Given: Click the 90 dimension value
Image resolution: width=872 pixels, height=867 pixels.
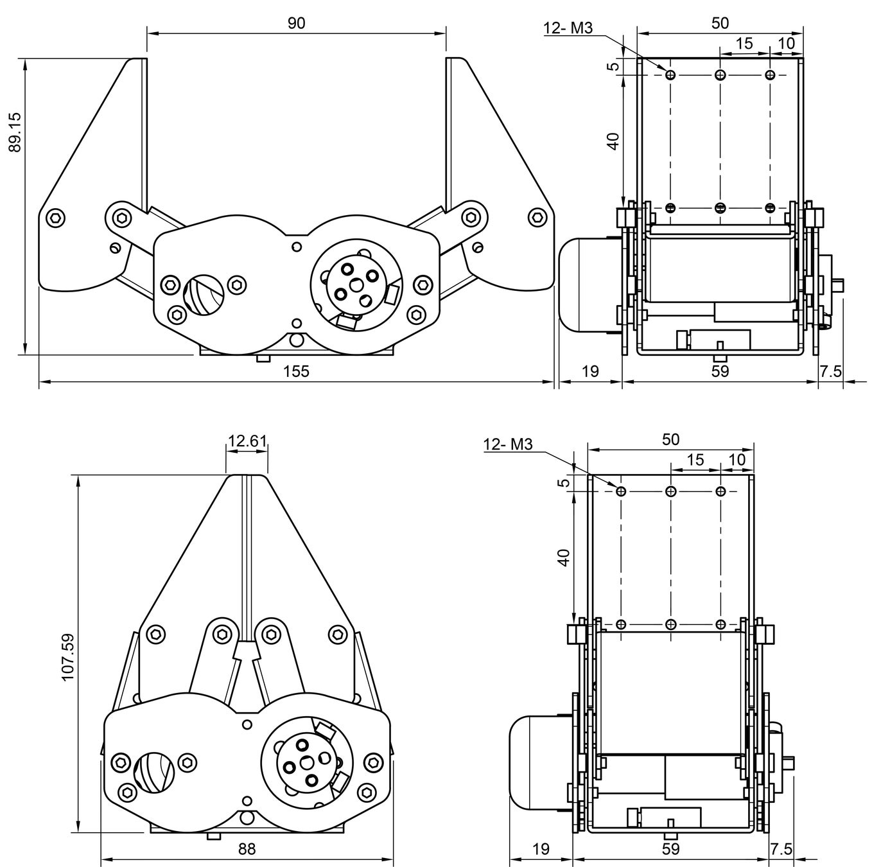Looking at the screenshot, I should tap(296, 23).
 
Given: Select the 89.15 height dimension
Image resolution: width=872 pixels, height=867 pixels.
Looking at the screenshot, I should tap(14, 132).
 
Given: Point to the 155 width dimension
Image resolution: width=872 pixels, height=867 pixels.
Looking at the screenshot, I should tap(296, 371).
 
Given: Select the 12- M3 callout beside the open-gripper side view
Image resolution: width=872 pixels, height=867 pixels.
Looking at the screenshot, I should tap(568, 28).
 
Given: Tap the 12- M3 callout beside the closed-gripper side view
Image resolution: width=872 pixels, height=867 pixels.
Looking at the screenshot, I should tap(508, 444).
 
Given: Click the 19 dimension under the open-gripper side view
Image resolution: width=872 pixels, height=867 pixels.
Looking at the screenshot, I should tap(589, 371).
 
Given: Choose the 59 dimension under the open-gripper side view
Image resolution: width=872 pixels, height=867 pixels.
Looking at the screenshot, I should tap(720, 371).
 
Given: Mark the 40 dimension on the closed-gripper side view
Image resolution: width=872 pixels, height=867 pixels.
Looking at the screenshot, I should tap(563, 557).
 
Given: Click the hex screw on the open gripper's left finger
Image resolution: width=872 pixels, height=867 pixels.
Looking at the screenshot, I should tap(57, 217).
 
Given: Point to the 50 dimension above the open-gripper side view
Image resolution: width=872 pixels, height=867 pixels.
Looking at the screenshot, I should tap(720, 23).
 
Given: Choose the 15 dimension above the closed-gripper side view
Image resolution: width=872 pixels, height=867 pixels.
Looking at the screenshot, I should tap(695, 460).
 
